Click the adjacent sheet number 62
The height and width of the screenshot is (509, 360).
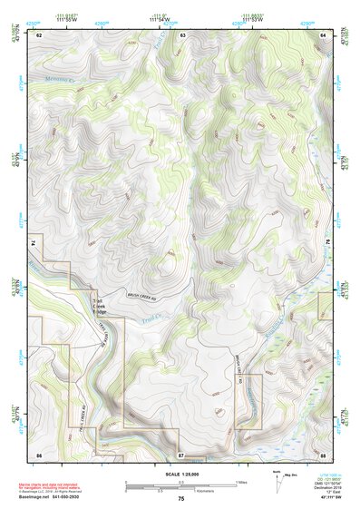[x=40, y=34]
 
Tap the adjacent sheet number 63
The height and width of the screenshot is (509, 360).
[x=182, y=34]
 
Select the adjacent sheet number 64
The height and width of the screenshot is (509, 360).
[x=324, y=34]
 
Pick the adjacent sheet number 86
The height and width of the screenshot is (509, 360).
[x=39, y=453]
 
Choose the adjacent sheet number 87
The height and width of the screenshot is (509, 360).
[x=181, y=453]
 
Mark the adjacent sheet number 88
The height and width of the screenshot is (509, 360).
[x=323, y=453]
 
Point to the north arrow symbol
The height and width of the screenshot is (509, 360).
[x=277, y=482]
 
